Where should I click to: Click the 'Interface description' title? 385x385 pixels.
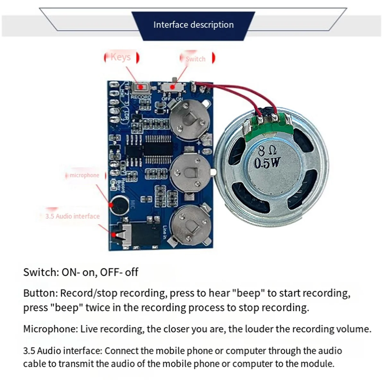(193, 25)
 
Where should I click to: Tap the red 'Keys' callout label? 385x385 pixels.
(121, 57)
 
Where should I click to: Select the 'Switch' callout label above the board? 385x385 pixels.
(195, 59)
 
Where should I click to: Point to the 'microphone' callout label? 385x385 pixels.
(84, 175)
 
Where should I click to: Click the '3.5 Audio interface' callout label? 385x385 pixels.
(73, 216)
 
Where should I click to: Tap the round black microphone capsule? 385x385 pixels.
(117, 204)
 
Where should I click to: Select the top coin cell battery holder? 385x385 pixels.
(190, 119)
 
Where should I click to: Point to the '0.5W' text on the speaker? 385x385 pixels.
(267, 163)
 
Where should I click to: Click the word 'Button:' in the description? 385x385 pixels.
(40, 293)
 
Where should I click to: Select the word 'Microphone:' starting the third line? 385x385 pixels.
(50, 329)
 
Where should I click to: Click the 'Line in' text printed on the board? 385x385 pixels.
(165, 232)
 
